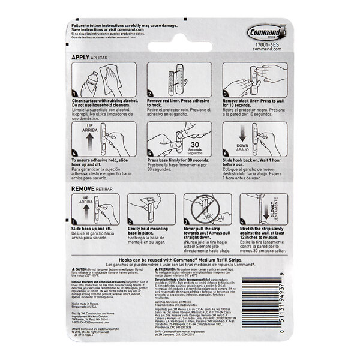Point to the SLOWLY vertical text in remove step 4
[x=274, y=210]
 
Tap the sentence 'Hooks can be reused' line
[x=180, y=257]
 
